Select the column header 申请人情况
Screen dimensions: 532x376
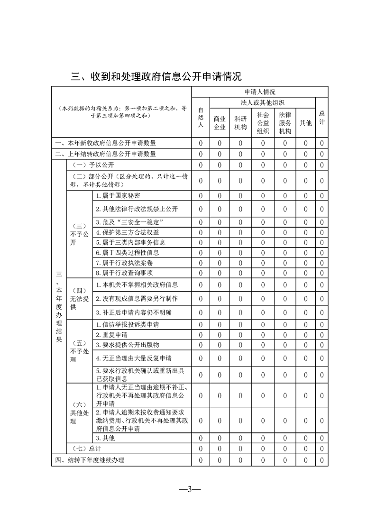tap(260, 92)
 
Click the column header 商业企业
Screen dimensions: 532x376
tap(220, 123)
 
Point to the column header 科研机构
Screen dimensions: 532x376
tap(240, 123)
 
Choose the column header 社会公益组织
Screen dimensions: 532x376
tap(263, 123)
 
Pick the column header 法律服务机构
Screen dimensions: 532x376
tap(285, 123)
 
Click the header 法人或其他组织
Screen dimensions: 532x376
tap(263, 102)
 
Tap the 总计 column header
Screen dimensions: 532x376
tap(322, 118)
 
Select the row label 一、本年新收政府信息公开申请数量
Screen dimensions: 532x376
tap(106, 143)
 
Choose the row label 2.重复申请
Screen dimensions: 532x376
tap(111, 335)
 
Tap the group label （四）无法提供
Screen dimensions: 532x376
tap(79, 299)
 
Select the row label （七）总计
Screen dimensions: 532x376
tap(85, 449)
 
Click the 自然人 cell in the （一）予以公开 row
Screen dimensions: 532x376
tap(201, 165)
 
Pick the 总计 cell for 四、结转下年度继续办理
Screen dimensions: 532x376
tap(322, 460)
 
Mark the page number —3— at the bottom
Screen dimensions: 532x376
tap(188, 490)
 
